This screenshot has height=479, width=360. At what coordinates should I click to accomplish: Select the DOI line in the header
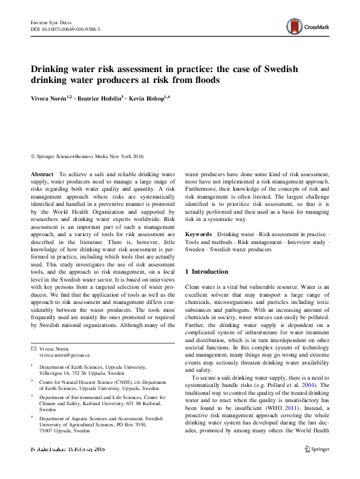click(65, 29)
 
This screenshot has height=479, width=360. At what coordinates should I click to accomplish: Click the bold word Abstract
click(42, 174)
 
